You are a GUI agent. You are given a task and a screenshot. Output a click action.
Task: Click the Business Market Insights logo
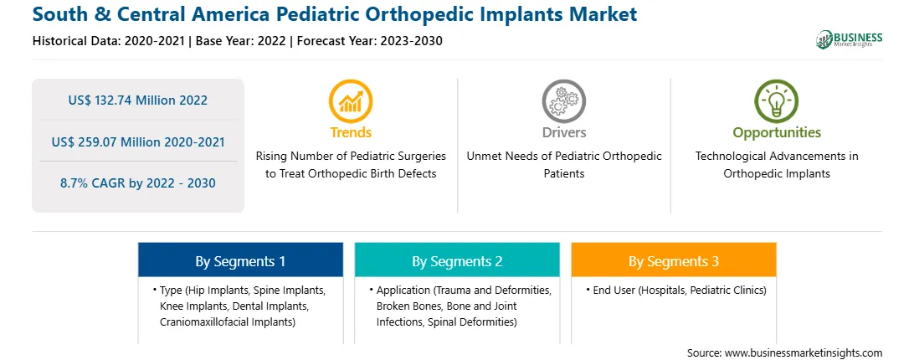click(x=850, y=39)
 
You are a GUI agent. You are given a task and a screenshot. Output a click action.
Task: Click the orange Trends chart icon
click(x=351, y=101)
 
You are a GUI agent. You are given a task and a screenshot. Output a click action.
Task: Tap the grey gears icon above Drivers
click(x=563, y=101)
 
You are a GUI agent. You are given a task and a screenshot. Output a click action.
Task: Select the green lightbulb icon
click(x=777, y=101)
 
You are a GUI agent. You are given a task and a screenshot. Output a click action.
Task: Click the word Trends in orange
click(x=351, y=132)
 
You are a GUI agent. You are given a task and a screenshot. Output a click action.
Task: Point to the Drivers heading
click(x=563, y=132)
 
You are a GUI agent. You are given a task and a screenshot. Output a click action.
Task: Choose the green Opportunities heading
click(x=777, y=133)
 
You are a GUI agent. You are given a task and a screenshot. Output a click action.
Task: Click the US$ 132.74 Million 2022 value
click(x=137, y=100)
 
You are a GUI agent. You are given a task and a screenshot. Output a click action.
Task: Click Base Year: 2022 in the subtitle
click(x=241, y=41)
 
